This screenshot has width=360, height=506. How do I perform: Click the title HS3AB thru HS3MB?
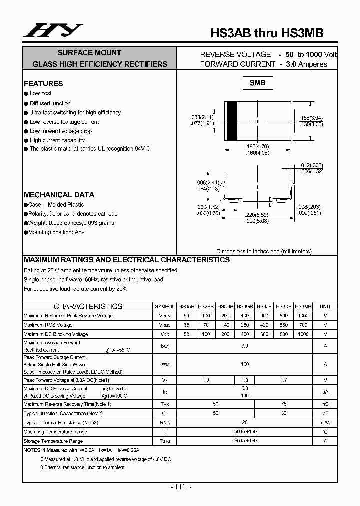(267, 33)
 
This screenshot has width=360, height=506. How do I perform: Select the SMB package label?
(257, 83)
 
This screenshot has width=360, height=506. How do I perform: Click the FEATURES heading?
(43, 84)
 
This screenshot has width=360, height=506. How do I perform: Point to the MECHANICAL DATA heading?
(59, 195)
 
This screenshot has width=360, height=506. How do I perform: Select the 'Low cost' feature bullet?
(40, 93)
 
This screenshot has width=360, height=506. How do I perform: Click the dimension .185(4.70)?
(257, 146)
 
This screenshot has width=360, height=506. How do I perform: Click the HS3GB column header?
(245, 306)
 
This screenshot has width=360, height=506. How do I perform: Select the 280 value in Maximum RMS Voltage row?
(245, 325)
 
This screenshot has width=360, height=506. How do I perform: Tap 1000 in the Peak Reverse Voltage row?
(303, 316)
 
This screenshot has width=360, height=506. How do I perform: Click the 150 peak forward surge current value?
(245, 364)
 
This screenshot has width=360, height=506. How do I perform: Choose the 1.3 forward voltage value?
(245, 380)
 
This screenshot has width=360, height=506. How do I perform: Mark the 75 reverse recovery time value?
(284, 404)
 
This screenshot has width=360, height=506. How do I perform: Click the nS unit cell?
(325, 404)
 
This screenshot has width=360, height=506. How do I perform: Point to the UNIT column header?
(325, 306)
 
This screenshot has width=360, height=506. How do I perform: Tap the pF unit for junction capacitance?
(325, 413)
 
